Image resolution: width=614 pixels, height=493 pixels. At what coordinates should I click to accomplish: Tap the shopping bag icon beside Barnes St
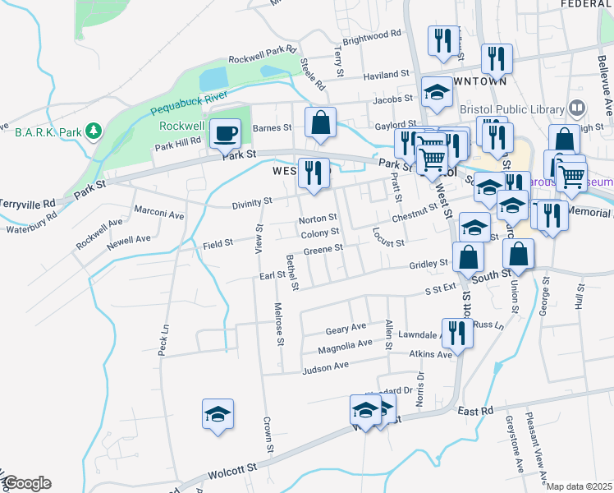click(x=320, y=122)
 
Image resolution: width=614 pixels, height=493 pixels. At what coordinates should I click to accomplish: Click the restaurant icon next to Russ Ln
click(x=457, y=333)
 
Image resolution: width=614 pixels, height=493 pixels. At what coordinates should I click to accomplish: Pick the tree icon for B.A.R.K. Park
click(x=94, y=131)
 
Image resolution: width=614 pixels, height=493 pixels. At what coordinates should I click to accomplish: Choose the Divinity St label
click(x=251, y=200)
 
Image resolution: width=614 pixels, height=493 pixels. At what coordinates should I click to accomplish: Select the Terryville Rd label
click(x=27, y=201)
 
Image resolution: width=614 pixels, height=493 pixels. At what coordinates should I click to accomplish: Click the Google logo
click(x=26, y=483)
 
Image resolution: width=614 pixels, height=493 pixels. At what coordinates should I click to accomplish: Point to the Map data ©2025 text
click(x=579, y=486)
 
